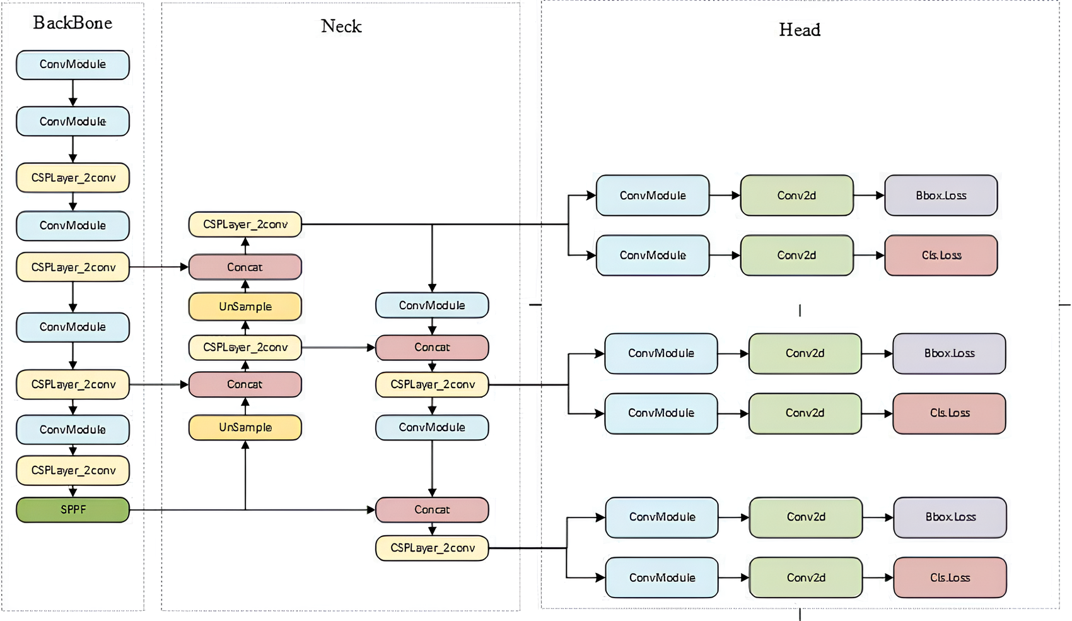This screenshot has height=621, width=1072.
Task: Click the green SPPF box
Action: (x=73, y=510)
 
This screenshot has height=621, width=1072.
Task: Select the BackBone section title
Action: (x=73, y=23)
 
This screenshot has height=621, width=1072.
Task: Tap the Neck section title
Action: (x=341, y=27)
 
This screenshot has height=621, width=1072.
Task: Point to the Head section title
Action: (x=800, y=30)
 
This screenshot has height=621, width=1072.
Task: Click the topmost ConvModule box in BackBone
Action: (x=73, y=65)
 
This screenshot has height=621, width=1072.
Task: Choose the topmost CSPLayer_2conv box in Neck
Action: (x=245, y=225)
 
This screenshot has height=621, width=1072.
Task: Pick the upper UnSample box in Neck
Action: (x=245, y=307)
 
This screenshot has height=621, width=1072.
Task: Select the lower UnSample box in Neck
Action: (x=245, y=428)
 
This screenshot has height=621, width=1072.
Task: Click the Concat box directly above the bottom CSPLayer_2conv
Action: (x=432, y=510)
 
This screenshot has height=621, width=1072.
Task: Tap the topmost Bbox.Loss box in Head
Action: (x=941, y=196)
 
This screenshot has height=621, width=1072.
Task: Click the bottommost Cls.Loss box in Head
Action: (x=950, y=577)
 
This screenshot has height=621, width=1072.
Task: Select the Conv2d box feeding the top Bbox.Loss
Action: (x=796, y=196)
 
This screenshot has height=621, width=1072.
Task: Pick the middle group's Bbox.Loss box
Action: (x=949, y=353)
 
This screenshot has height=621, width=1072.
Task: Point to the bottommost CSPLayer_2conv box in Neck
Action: (x=432, y=548)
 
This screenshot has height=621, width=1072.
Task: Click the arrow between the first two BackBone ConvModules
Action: (x=73, y=93)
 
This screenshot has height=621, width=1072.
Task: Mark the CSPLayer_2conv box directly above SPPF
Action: (x=73, y=471)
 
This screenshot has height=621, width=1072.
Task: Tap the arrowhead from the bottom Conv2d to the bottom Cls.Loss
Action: (x=888, y=577)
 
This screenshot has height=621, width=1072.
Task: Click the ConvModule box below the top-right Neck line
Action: (x=432, y=305)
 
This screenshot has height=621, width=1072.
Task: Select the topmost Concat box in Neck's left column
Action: (x=245, y=267)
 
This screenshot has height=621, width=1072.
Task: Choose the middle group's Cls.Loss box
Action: (x=949, y=413)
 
